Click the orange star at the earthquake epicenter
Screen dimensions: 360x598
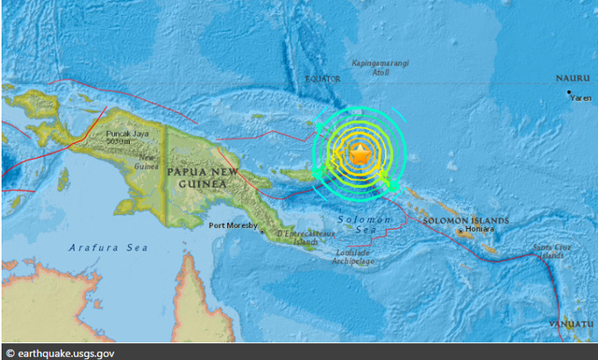coord(360,154)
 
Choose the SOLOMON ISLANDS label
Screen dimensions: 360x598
coord(465,221)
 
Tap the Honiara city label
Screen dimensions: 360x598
coord(480,230)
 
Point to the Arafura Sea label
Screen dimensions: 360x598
coord(96,247)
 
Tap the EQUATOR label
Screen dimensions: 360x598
coord(321,79)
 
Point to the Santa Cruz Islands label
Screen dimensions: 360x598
coord(548,251)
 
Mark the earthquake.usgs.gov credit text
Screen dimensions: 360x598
coord(64,353)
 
